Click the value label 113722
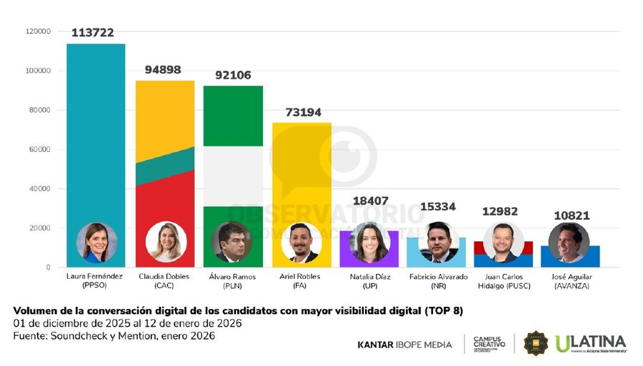(x=94, y=33)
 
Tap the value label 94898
(x=163, y=70)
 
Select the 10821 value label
(x=569, y=215)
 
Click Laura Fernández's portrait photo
(x=96, y=243)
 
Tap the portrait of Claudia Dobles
(x=165, y=243)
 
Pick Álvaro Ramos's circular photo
(x=232, y=243)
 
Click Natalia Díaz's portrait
(x=369, y=243)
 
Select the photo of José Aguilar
(x=569, y=243)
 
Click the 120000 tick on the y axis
(x=37, y=31)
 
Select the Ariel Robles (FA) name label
(x=301, y=280)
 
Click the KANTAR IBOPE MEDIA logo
(x=404, y=345)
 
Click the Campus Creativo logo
(x=489, y=343)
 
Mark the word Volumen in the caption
(x=35, y=311)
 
